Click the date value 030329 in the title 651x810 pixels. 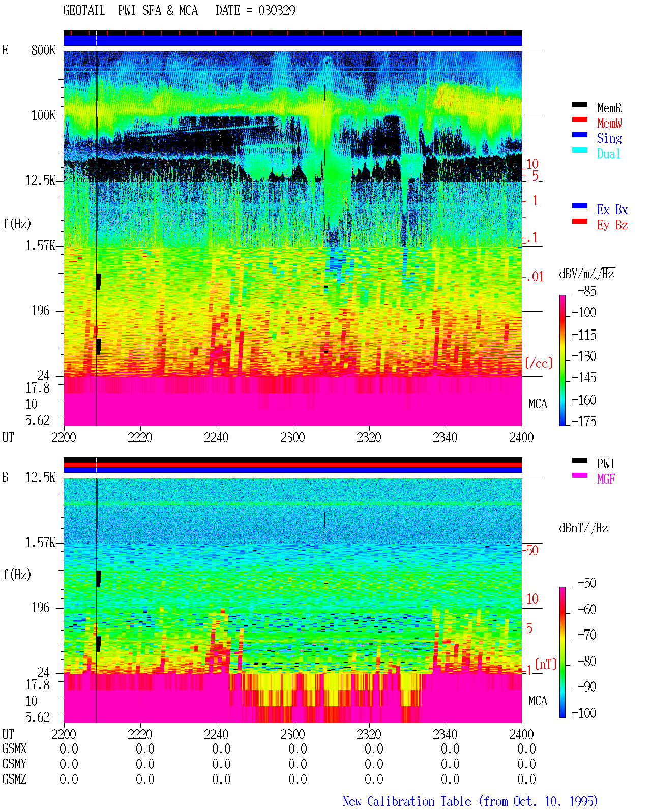click(277, 10)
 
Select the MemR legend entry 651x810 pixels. click(609, 108)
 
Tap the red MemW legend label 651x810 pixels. click(609, 123)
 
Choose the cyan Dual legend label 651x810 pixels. click(609, 154)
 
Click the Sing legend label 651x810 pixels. click(609, 138)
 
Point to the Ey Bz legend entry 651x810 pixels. click(612, 225)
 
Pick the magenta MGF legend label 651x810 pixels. click(606, 479)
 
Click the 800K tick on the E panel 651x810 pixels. click(43, 50)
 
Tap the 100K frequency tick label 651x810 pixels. click(43, 115)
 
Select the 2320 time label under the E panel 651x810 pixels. click(369, 437)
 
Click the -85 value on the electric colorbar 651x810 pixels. click(587, 291)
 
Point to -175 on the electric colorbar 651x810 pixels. click(584, 421)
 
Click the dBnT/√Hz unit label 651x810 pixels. click(583, 528)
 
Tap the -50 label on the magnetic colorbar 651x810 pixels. click(587, 583)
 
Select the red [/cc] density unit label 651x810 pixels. click(539, 363)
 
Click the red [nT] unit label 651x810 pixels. click(546, 664)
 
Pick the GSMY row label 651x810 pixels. click(14, 764)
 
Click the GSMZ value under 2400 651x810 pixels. click(526, 779)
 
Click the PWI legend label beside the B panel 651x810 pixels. click(606, 464)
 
